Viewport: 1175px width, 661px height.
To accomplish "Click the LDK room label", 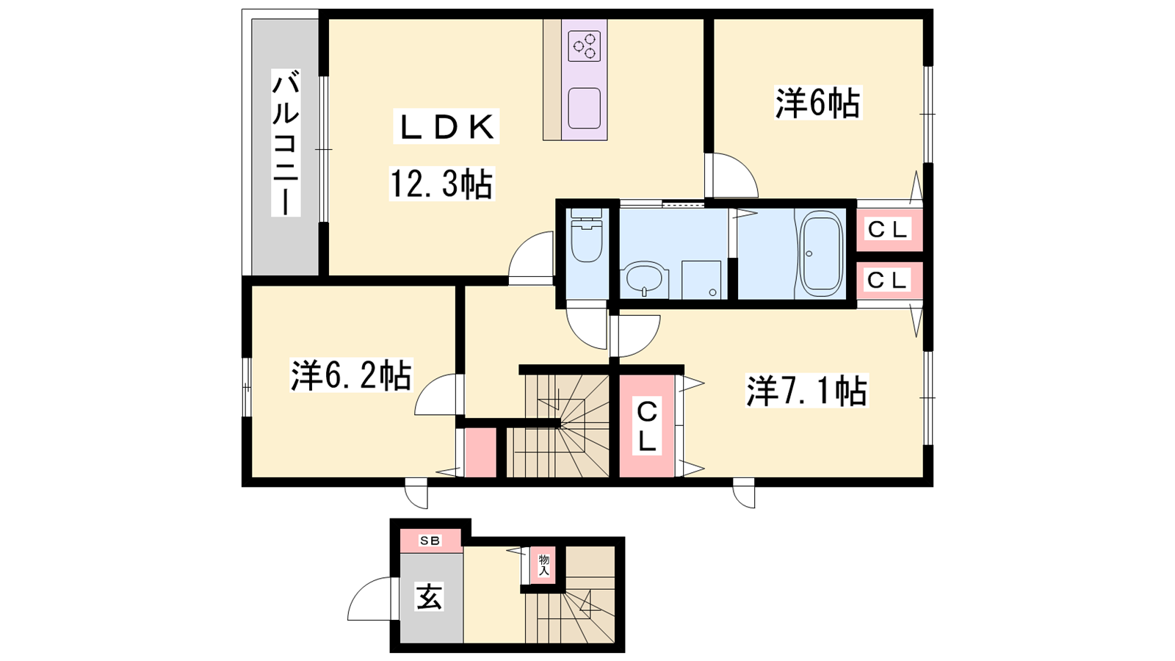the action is point(446,127).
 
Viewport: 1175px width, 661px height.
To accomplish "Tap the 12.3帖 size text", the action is point(441,184).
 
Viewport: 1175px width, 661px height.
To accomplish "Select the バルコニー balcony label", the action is point(286,142).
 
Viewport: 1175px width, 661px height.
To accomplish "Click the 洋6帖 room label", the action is point(818,104).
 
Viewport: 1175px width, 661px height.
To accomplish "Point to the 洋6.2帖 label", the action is point(351,375).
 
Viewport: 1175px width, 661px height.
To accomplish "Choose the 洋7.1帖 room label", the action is point(807,390).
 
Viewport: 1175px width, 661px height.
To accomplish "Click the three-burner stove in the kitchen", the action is point(585,46).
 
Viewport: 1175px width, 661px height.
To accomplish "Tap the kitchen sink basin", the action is point(585,108).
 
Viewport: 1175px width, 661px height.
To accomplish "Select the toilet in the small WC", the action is point(587,235).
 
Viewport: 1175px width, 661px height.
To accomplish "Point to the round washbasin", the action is point(644,281).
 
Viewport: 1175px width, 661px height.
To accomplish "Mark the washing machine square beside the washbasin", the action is point(701,280).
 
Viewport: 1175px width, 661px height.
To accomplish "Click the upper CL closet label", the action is point(887,230).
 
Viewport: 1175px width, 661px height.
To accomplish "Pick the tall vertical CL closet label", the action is point(647,425).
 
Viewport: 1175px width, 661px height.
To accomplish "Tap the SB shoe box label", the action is point(430,541).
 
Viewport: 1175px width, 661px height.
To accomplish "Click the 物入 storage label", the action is point(543,566).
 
